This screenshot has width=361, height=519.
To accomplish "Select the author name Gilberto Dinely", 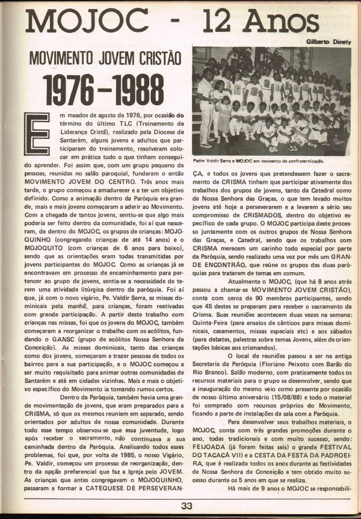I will coord(325,42).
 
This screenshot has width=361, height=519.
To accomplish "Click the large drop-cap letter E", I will coord(34,136).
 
